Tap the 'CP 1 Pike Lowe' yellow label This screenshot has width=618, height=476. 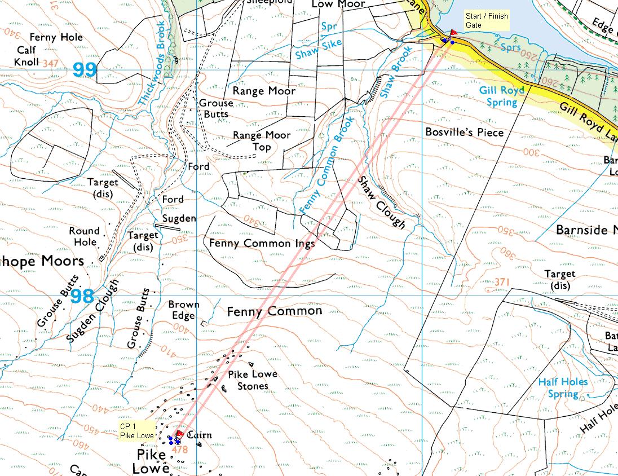click(x=136, y=430)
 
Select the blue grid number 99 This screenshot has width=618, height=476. click(x=85, y=69)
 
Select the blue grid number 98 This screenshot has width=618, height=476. click(x=82, y=296)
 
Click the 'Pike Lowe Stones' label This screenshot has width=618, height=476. click(x=253, y=380)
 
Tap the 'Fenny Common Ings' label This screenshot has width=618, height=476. click(x=262, y=243)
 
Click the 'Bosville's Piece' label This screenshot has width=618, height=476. click(x=463, y=132)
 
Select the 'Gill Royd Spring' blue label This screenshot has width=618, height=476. click(x=502, y=96)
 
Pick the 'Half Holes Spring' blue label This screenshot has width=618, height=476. click(x=563, y=388)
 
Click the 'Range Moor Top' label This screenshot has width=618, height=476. click(x=262, y=141)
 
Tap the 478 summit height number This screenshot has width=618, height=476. click(x=180, y=450)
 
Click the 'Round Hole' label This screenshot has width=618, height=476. click(x=85, y=236)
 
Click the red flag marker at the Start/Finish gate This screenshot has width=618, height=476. click(x=453, y=33)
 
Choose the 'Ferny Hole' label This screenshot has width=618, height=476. click(x=56, y=37)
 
